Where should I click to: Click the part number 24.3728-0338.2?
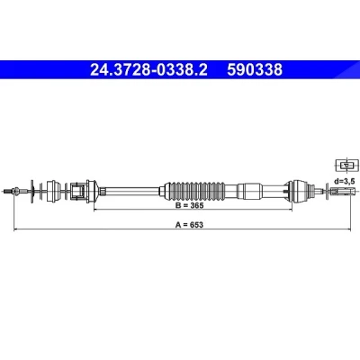(148, 70)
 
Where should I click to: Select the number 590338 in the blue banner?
(255, 70)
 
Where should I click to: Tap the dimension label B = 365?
(190, 205)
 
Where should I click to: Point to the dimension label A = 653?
(189, 224)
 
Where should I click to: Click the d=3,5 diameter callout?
(345, 181)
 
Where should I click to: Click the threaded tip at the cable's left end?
(8, 191)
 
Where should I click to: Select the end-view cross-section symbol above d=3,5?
(346, 165)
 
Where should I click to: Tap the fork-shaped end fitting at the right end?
(343, 191)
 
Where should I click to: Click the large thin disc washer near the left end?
(31, 192)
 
